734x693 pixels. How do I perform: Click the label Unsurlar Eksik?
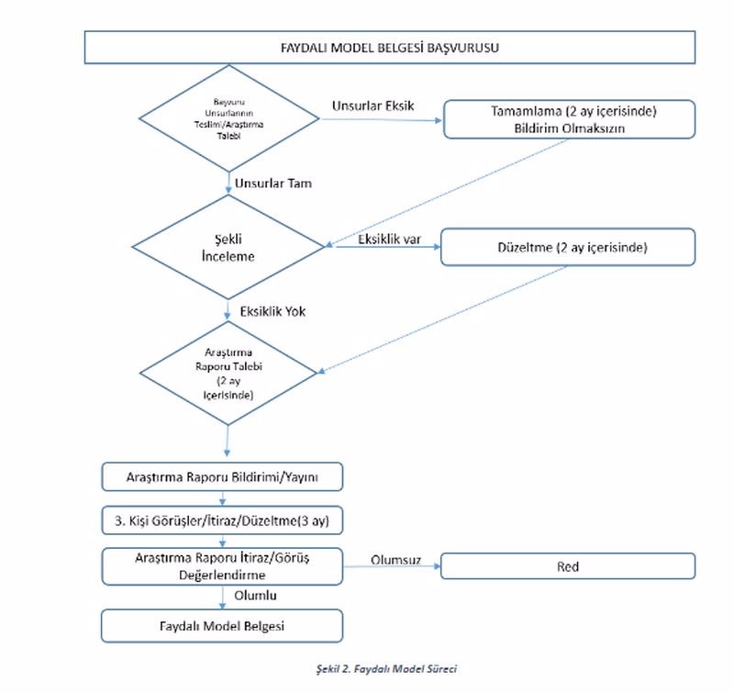tap(373, 106)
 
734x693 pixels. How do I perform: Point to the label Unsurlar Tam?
tap(273, 183)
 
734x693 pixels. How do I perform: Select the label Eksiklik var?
tap(389, 240)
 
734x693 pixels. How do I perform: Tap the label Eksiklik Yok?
tap(272, 311)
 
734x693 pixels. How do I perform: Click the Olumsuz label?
tap(396, 560)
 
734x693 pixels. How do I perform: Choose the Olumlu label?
tap(256, 595)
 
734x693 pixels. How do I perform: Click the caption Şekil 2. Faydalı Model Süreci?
tap(386, 668)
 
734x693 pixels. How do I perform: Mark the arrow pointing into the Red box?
tap(393, 566)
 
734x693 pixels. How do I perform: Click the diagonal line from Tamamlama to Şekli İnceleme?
tap(447, 193)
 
